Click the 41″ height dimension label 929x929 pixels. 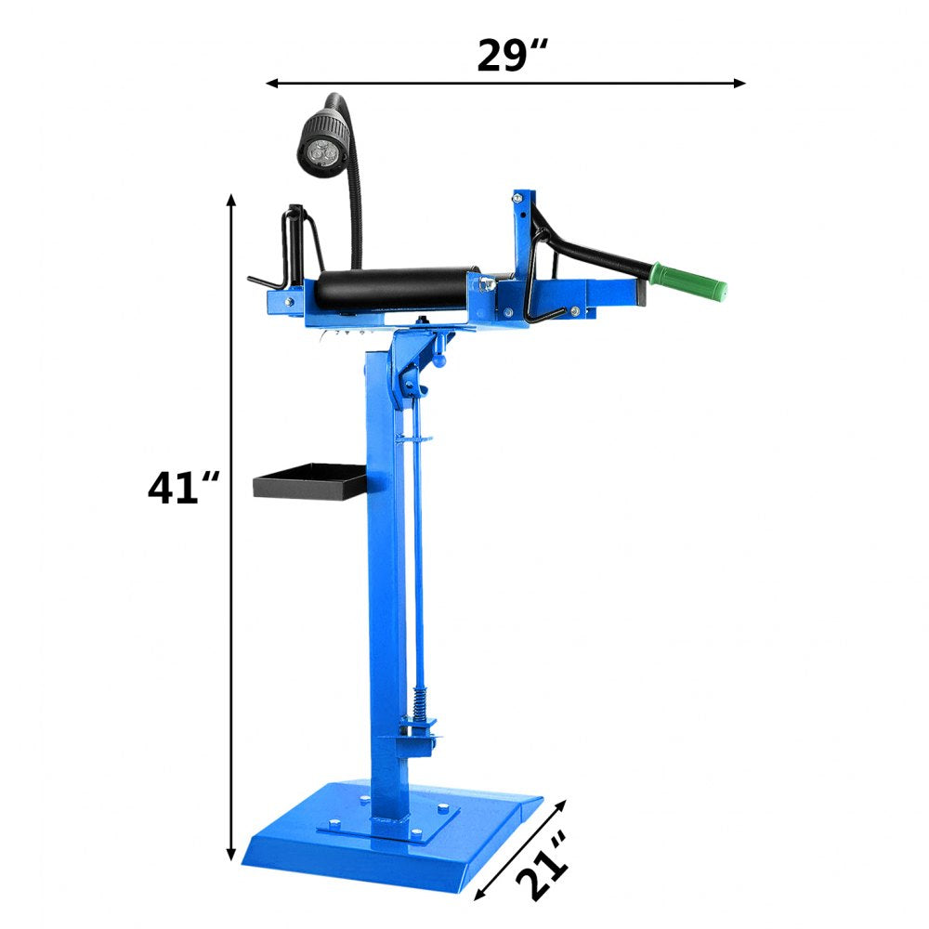pyautogui.click(x=184, y=488)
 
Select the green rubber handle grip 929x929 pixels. pyautogui.click(x=688, y=281)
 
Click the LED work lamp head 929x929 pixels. pyautogui.click(x=324, y=140)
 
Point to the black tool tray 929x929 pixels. pyautogui.click(x=310, y=480)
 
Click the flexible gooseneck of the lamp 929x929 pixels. pyautogui.click(x=355, y=204)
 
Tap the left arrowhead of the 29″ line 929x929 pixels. pyautogui.click(x=272, y=83)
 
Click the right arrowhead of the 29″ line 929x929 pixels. pyautogui.click(x=740, y=83)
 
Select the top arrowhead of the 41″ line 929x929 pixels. pyautogui.click(x=231, y=200)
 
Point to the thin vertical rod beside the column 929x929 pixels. pyautogui.click(x=416, y=557)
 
